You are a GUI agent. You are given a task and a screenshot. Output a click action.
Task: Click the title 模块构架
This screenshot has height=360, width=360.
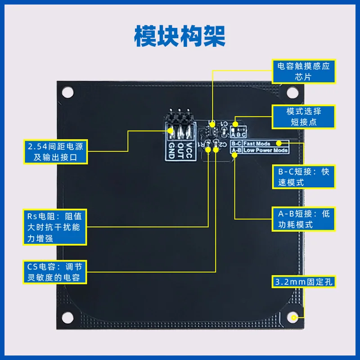click(180, 36)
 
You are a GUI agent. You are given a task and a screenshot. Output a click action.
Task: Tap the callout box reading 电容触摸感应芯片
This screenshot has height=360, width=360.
click(304, 72)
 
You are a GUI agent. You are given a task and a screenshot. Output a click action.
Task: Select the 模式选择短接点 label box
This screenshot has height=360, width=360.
click(304, 117)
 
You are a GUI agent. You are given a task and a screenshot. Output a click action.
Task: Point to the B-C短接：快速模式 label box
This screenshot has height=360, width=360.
click(304, 177)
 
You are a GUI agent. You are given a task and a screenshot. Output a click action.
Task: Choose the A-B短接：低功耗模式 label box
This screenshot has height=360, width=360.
click(304, 219)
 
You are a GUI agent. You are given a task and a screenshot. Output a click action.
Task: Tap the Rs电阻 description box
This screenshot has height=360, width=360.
click(55, 227)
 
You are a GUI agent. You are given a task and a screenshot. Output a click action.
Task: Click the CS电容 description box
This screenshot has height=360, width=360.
click(55, 273)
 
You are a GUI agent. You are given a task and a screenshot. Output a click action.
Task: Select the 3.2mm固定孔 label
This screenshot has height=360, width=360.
click(304, 283)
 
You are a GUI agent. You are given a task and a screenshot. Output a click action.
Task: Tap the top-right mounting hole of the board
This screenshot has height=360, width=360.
click(292, 92)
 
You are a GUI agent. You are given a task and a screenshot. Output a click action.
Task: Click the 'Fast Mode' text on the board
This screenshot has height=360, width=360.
click(259, 144)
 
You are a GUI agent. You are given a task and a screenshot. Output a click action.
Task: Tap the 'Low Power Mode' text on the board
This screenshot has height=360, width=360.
click(265, 150)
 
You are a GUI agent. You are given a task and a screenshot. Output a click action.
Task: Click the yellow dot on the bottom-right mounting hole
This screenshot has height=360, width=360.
click(293, 318)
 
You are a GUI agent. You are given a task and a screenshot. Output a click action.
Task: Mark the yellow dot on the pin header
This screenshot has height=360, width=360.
click(171, 130)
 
